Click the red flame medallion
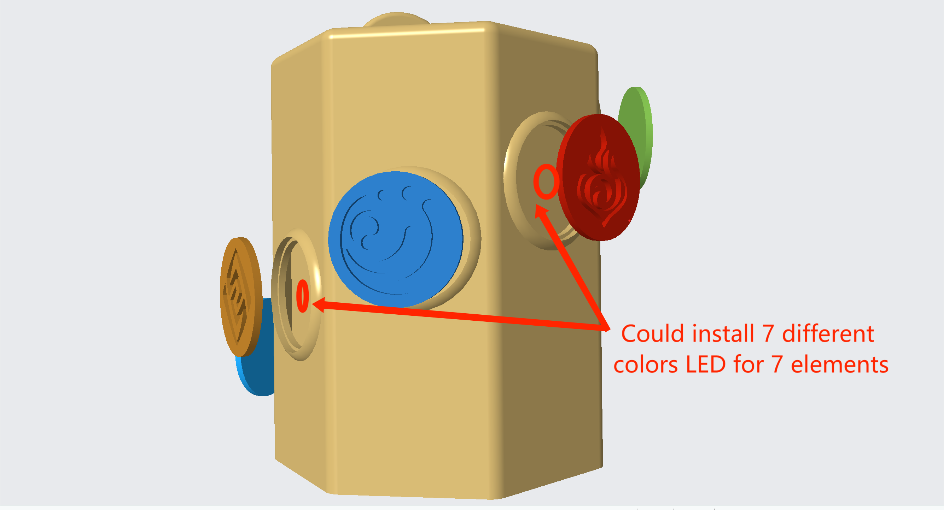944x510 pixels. (598, 177)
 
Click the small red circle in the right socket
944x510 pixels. (546, 182)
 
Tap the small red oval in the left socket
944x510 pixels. (302, 296)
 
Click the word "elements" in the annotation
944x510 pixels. (840, 364)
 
